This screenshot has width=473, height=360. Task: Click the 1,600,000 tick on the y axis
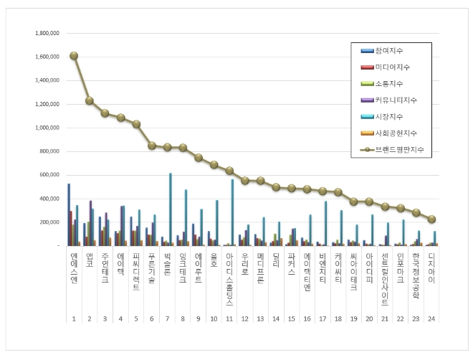(46, 57)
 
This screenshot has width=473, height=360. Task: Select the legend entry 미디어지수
(391, 67)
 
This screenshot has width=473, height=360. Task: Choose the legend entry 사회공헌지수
(393, 133)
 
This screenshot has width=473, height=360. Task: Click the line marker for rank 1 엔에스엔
(74, 55)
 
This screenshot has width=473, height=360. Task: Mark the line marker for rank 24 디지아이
(431, 219)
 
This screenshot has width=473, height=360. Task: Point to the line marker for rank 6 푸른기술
(151, 146)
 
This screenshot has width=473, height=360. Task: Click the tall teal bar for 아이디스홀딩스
(232, 212)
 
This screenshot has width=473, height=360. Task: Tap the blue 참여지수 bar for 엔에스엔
(69, 214)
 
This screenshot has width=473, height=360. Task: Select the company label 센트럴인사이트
(385, 275)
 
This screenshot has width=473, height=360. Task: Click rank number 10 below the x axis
(214, 318)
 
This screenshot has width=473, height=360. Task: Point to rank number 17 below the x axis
(322, 318)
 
